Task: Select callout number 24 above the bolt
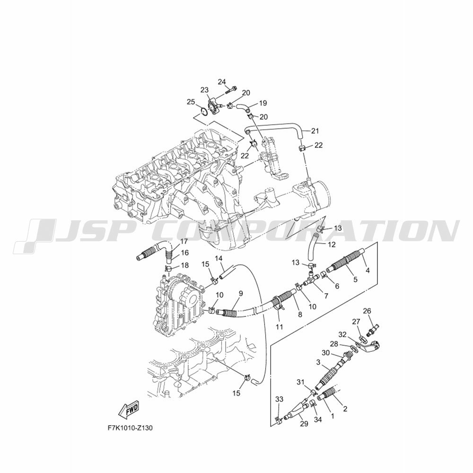click(x=222, y=82)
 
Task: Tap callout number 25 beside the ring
click(x=191, y=102)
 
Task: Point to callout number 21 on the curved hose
click(x=315, y=131)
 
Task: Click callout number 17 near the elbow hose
click(x=184, y=241)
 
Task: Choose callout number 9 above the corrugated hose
click(x=240, y=293)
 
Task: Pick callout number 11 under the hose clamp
click(x=280, y=327)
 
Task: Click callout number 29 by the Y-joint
click(x=304, y=424)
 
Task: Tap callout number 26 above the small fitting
click(x=367, y=311)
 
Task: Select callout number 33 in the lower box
click(x=280, y=399)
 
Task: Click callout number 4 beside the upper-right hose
click(x=368, y=271)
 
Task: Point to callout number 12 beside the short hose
click(x=332, y=245)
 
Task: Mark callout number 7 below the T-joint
click(x=326, y=296)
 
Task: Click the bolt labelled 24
click(x=231, y=89)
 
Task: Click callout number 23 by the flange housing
click(x=204, y=89)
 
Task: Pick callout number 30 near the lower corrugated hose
click(x=326, y=353)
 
